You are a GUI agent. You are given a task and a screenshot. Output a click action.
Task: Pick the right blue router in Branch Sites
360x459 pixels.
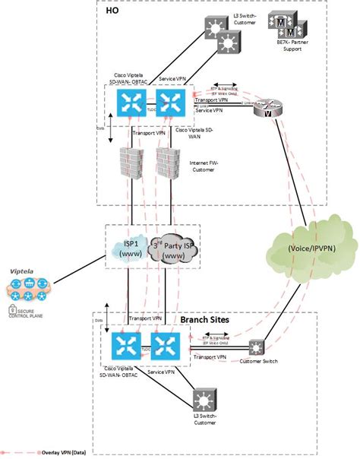click(x=166, y=347)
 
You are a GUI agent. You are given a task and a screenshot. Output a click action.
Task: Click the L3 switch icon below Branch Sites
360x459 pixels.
click(x=204, y=400)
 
